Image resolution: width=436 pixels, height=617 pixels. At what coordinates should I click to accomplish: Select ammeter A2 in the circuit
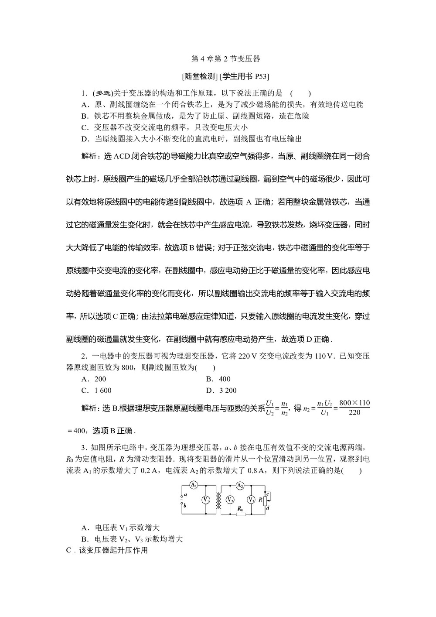(239, 486)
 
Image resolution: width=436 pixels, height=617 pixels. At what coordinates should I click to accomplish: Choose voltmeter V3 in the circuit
(251, 500)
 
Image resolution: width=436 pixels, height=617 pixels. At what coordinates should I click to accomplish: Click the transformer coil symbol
(218, 500)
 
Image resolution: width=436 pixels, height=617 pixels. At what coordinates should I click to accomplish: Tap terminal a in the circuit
(183, 495)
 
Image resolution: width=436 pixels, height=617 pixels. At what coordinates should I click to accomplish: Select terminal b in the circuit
(183, 506)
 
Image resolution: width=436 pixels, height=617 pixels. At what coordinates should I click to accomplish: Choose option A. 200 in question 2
(94, 379)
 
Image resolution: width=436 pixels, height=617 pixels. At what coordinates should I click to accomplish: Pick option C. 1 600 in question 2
(97, 391)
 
